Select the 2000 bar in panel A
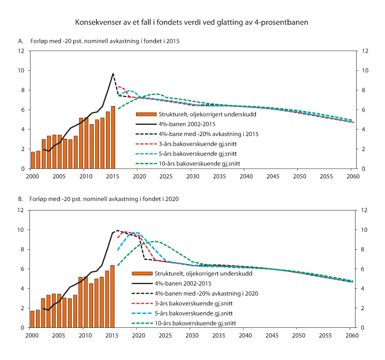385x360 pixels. (33, 160)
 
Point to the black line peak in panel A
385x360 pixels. (113, 73)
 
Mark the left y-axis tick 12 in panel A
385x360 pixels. (21, 51)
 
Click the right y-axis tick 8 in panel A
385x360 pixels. (364, 90)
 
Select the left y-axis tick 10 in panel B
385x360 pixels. (21, 230)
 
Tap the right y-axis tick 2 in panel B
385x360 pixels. (364, 308)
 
